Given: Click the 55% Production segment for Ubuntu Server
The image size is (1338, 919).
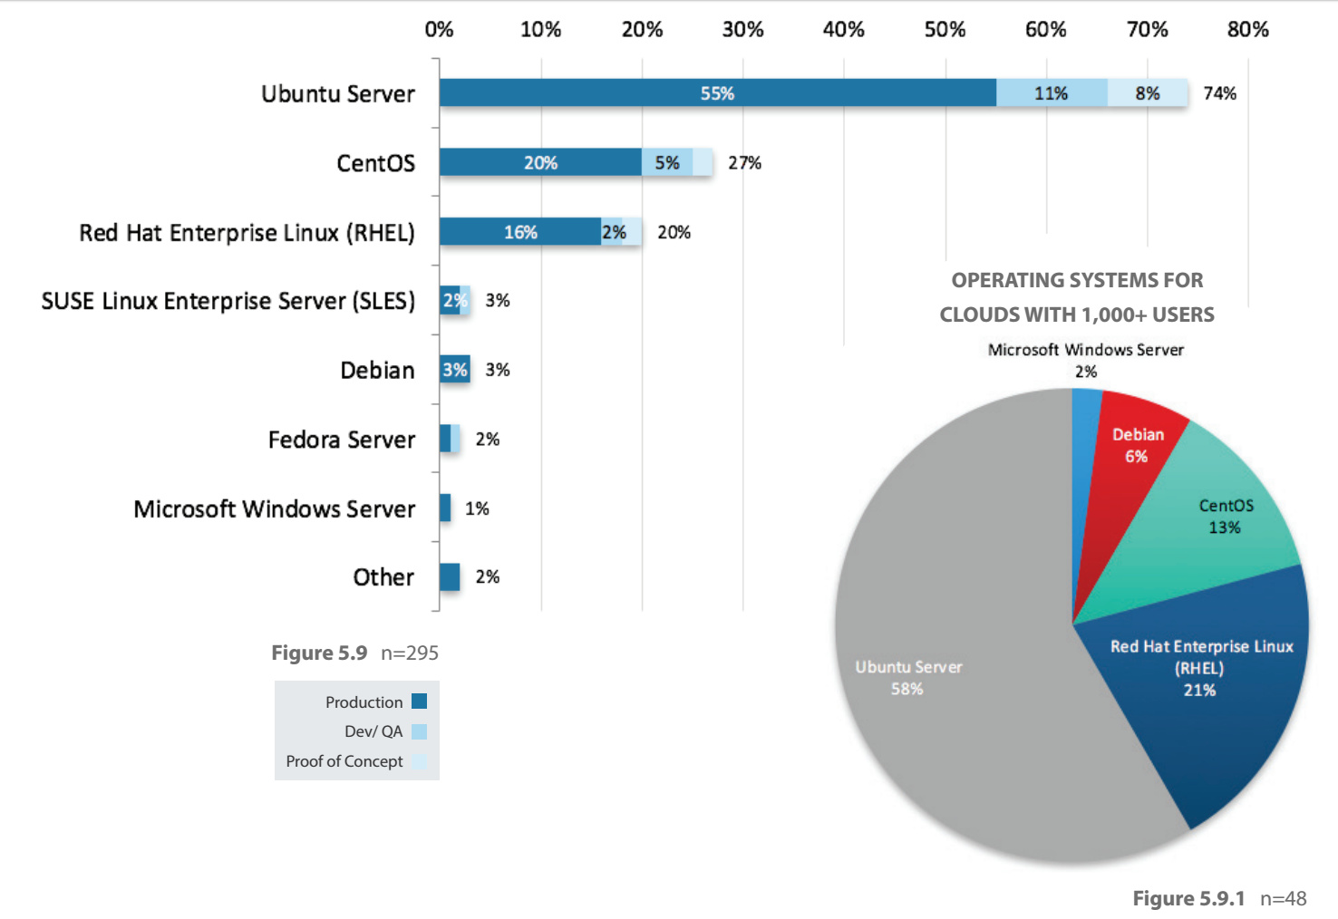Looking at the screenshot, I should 717,93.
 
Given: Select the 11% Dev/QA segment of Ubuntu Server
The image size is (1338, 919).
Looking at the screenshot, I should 1051,93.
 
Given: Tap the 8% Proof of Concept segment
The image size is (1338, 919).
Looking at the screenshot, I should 1147,93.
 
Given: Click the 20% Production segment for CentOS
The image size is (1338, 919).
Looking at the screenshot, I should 540,163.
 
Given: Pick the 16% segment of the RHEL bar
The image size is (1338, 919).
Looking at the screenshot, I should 520,232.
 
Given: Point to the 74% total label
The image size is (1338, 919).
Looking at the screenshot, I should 1219,93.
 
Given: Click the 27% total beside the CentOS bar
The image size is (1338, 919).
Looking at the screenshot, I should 744,163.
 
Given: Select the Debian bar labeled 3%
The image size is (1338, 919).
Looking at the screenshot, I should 455,370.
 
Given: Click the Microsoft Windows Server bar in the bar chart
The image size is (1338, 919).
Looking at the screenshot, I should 445,508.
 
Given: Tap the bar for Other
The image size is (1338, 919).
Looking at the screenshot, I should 450,577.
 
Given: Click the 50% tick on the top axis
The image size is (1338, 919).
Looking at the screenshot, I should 945,30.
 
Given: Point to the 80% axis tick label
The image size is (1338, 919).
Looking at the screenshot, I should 1247,30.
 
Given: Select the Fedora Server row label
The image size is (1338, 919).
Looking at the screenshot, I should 341,440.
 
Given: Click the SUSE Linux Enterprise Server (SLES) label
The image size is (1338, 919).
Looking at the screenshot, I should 228,301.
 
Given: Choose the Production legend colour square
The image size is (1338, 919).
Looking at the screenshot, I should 419,701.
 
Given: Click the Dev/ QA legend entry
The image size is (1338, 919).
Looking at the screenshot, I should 373,731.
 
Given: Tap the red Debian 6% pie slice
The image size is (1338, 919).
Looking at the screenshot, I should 1138,444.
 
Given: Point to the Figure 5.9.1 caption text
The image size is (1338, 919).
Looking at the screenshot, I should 1188,898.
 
